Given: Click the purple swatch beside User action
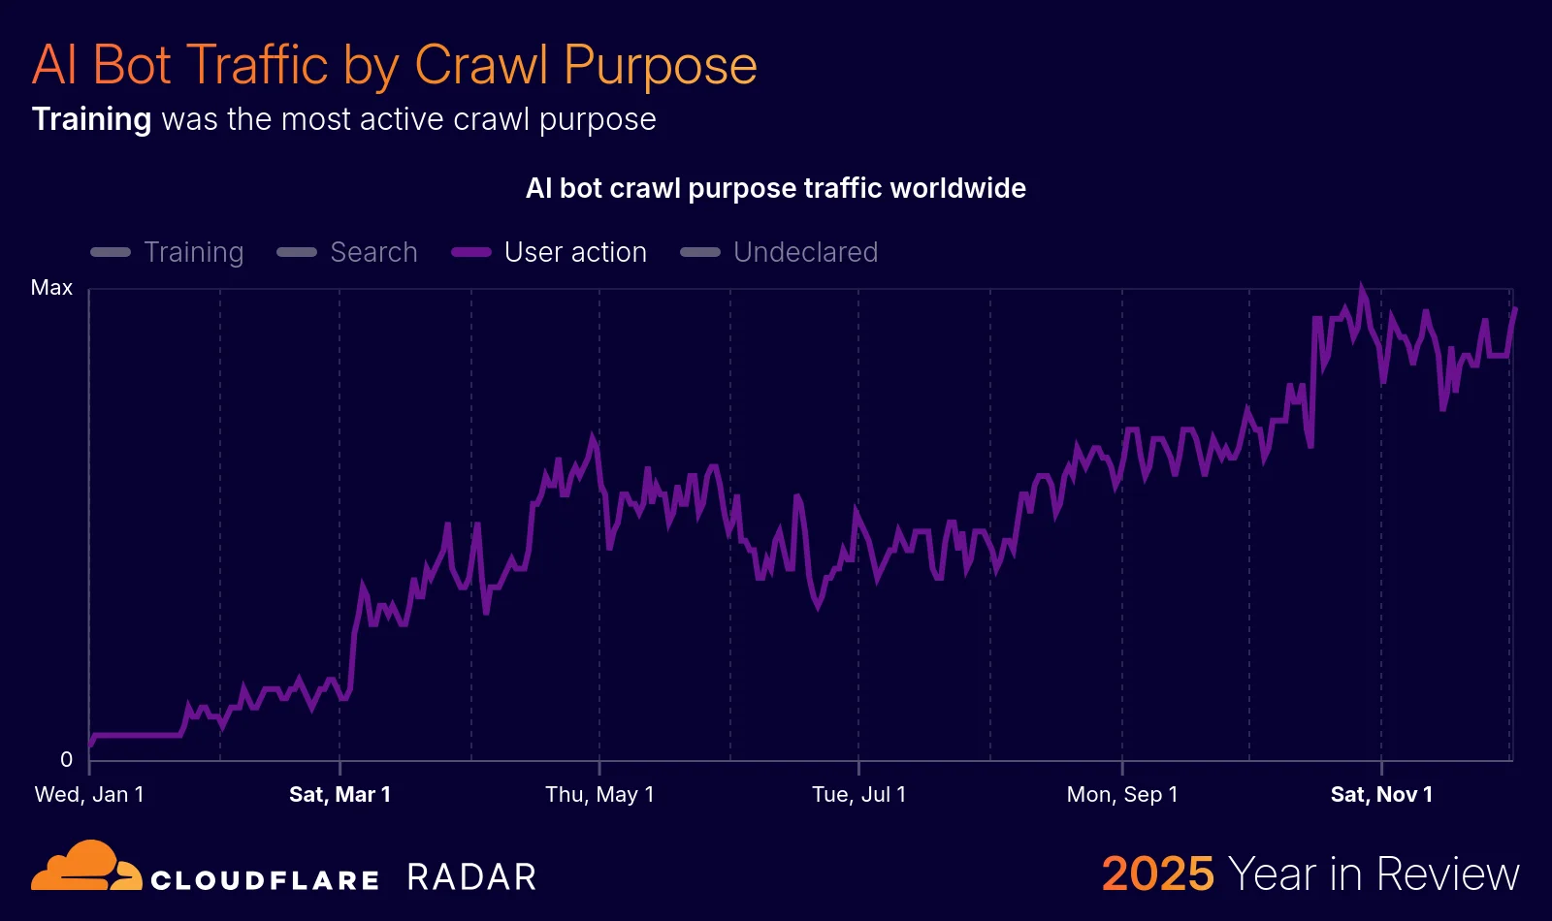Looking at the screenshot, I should (x=471, y=252).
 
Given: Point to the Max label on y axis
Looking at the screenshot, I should (x=51, y=288).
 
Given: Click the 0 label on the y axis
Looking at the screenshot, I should (x=66, y=760).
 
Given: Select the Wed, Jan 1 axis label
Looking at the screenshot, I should (x=89, y=795).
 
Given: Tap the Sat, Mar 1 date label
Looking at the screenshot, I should (x=339, y=795).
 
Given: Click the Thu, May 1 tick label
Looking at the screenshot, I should (x=599, y=795).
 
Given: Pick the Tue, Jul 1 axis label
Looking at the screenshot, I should (x=858, y=795).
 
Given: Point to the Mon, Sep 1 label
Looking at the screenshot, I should (x=1122, y=795).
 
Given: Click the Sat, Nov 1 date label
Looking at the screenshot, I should (x=1381, y=795).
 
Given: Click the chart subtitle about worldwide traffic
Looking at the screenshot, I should (x=775, y=188).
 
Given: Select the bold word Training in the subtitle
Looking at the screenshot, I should (x=91, y=119).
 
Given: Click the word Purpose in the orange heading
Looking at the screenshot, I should (x=660, y=66).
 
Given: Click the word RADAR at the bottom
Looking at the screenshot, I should (x=471, y=877).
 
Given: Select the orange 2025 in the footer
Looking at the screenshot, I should (x=1157, y=873).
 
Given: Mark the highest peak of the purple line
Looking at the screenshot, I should (x=1362, y=289).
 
